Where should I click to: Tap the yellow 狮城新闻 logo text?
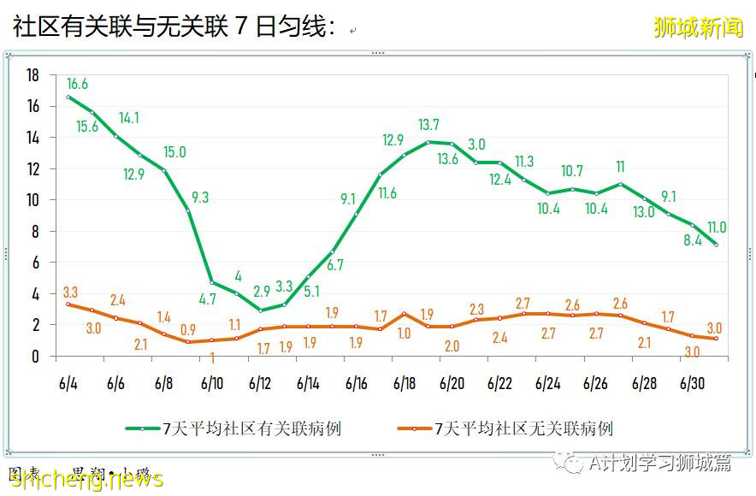coord(698,27)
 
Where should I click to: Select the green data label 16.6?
coord(77,84)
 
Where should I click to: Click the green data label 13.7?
coord(428,125)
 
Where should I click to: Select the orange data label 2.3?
coord(476,310)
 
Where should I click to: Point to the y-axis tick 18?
coord(33,75)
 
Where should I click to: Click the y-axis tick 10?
coord(33,200)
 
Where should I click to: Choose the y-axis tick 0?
coord(37,356)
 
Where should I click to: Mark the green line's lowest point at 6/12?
coord(260,310)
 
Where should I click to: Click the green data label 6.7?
coord(334,265)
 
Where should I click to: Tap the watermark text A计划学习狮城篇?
coord(659,463)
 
